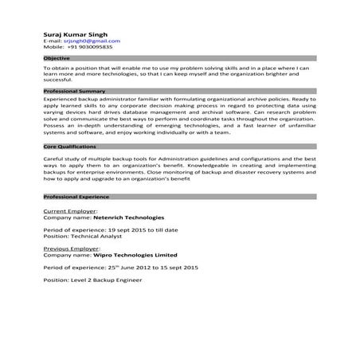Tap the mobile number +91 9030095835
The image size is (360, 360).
tap(90, 47)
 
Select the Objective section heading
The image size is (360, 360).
tap(57, 59)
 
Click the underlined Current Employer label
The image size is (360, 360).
tap(69, 210)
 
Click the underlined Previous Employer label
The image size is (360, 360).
tap(71, 248)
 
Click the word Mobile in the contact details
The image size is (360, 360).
tap(53, 47)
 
